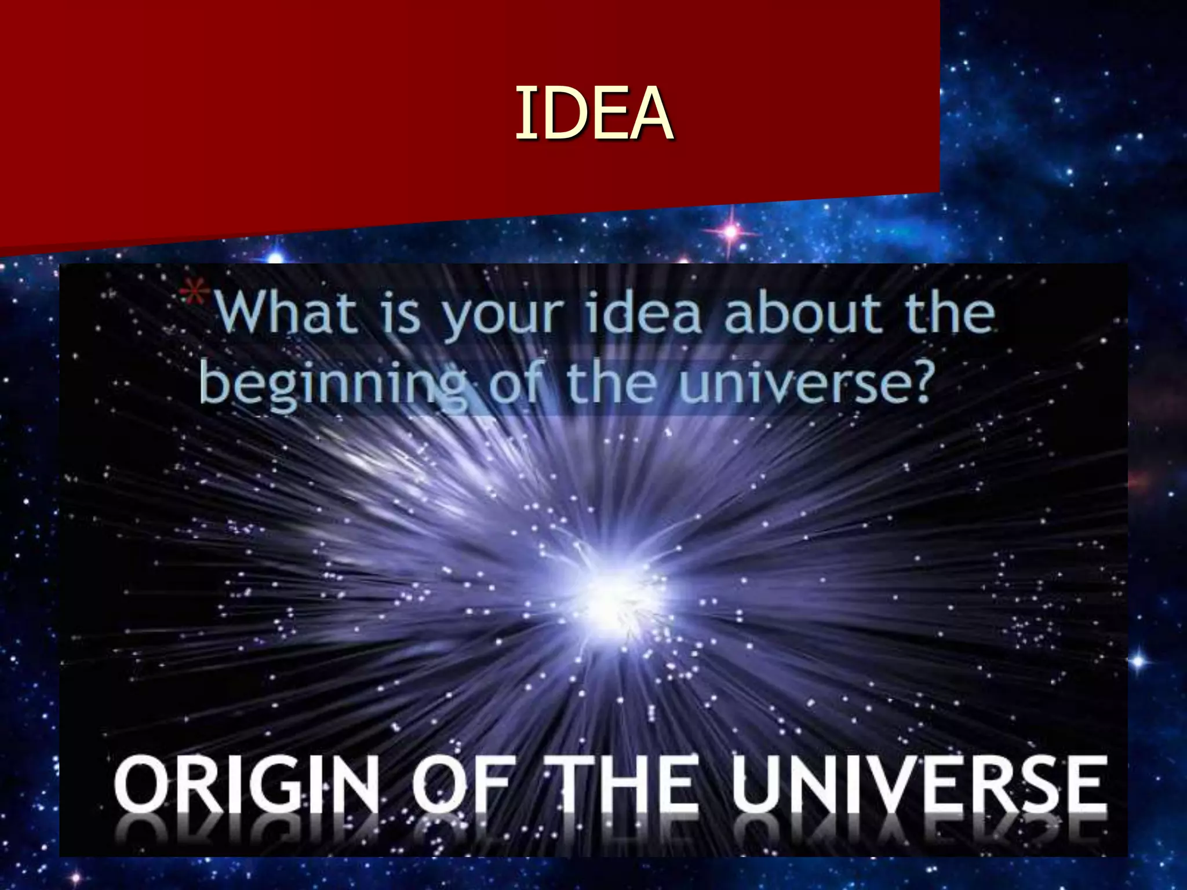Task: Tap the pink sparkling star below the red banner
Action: pos(731,232)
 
